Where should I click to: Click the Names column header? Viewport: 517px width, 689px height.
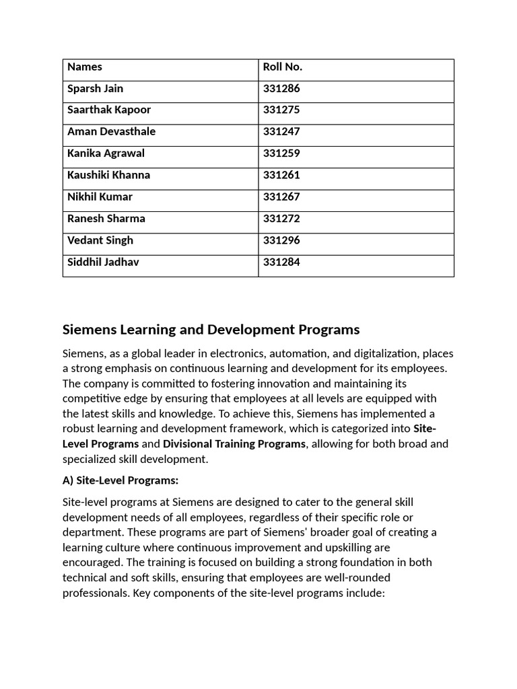pyautogui.click(x=85, y=67)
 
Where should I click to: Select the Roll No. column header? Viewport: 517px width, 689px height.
pyautogui.click(x=282, y=67)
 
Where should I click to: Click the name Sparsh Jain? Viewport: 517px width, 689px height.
pyautogui.click(x=95, y=88)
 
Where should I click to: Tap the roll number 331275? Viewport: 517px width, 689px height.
pyautogui.click(x=281, y=110)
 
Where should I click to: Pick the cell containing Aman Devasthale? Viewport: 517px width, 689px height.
pyautogui.click(x=111, y=131)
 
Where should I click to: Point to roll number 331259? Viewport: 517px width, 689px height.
pyautogui.click(x=281, y=153)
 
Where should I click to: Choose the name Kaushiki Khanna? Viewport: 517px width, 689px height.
pyautogui.click(x=108, y=175)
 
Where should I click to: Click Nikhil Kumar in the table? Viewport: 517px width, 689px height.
pyautogui.click(x=100, y=196)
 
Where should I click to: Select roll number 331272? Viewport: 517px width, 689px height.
pyautogui.click(x=281, y=219)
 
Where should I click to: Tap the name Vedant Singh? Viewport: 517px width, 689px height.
pyautogui.click(x=100, y=240)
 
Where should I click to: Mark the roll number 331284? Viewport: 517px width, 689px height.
pyautogui.click(x=281, y=262)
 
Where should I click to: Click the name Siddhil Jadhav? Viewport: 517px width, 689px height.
pyautogui.click(x=103, y=262)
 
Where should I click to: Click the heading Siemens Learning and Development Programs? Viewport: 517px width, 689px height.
pyautogui.click(x=211, y=330)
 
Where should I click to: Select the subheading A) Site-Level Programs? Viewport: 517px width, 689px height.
pyautogui.click(x=120, y=480)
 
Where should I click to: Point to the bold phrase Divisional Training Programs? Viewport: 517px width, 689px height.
pyautogui.click(x=234, y=444)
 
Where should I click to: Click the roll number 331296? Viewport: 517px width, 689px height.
pyautogui.click(x=281, y=240)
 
